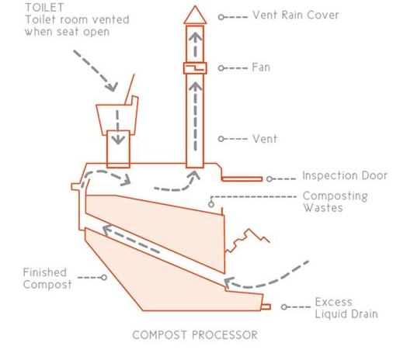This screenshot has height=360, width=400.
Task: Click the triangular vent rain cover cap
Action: (x=195, y=16)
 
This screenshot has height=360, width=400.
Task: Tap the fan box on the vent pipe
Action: (x=195, y=68)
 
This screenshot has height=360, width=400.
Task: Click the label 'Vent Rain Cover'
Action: (x=296, y=15)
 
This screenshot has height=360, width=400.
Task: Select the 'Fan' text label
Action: (x=261, y=67)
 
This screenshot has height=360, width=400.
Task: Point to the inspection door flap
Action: (x=242, y=178)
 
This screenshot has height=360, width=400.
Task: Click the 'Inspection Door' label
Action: (x=345, y=175)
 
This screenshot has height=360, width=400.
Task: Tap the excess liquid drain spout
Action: (x=266, y=306)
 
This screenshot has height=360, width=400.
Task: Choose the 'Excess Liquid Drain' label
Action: (x=346, y=308)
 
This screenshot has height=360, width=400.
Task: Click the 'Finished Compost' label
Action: (x=47, y=279)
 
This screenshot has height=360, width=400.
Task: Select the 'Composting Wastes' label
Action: (x=336, y=202)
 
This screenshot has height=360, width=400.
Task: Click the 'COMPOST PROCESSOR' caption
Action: (x=195, y=335)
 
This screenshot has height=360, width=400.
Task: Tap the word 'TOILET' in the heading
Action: (x=44, y=8)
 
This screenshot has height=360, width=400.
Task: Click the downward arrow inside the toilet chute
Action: (x=118, y=127)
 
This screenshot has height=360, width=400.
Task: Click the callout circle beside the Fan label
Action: (x=221, y=68)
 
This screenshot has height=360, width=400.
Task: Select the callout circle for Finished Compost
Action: (x=104, y=278)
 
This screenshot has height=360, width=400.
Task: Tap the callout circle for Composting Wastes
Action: (x=211, y=205)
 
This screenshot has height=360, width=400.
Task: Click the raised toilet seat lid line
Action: (x=130, y=89)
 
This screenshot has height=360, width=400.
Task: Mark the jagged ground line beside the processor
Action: (x=247, y=241)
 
